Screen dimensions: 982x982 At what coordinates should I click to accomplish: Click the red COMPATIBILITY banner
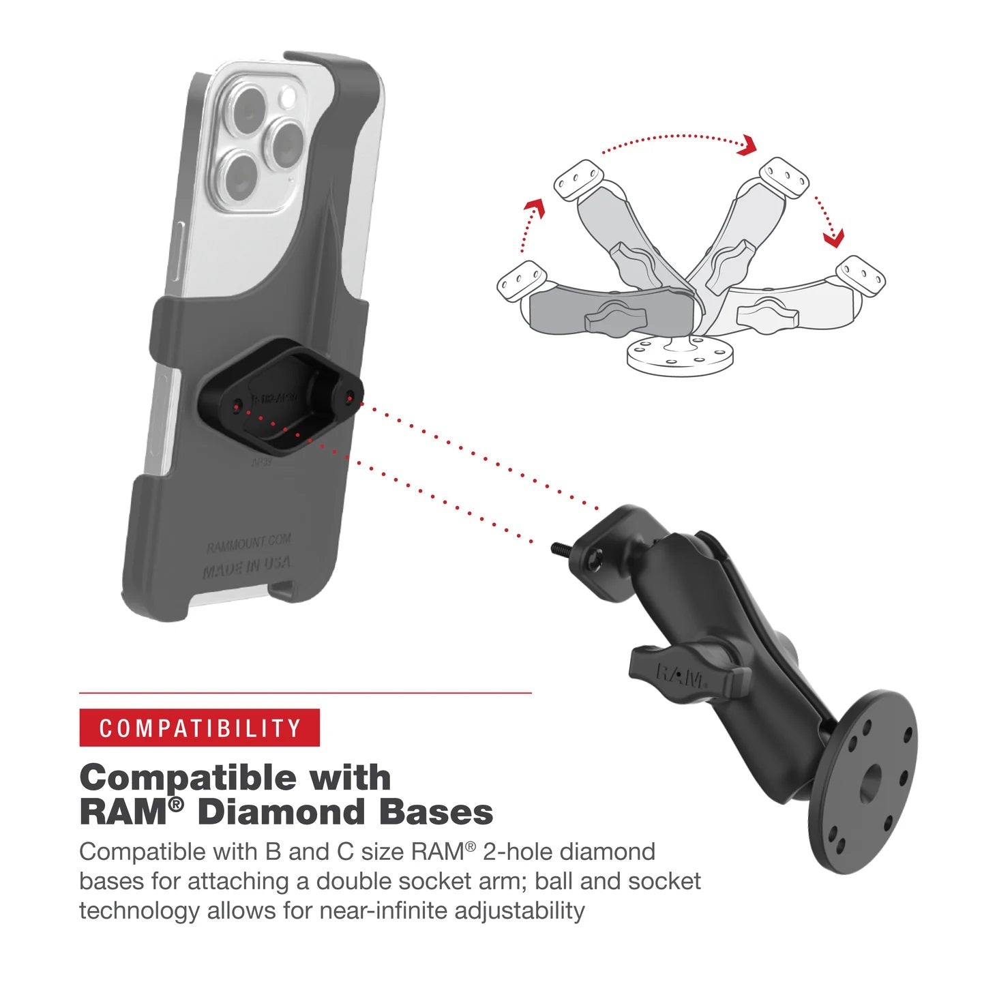pos(199,728)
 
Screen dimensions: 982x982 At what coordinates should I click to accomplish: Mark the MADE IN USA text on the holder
pos(247,567)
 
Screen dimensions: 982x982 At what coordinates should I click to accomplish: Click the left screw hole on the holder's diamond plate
pos(237,407)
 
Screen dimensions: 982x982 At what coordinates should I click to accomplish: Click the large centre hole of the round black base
pos(869,784)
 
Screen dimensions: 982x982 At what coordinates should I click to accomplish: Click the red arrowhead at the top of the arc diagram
pos(748,145)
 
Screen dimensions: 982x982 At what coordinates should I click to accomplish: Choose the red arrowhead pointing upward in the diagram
pos(537,207)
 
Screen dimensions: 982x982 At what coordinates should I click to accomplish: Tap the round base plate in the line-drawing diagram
pos(680,355)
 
